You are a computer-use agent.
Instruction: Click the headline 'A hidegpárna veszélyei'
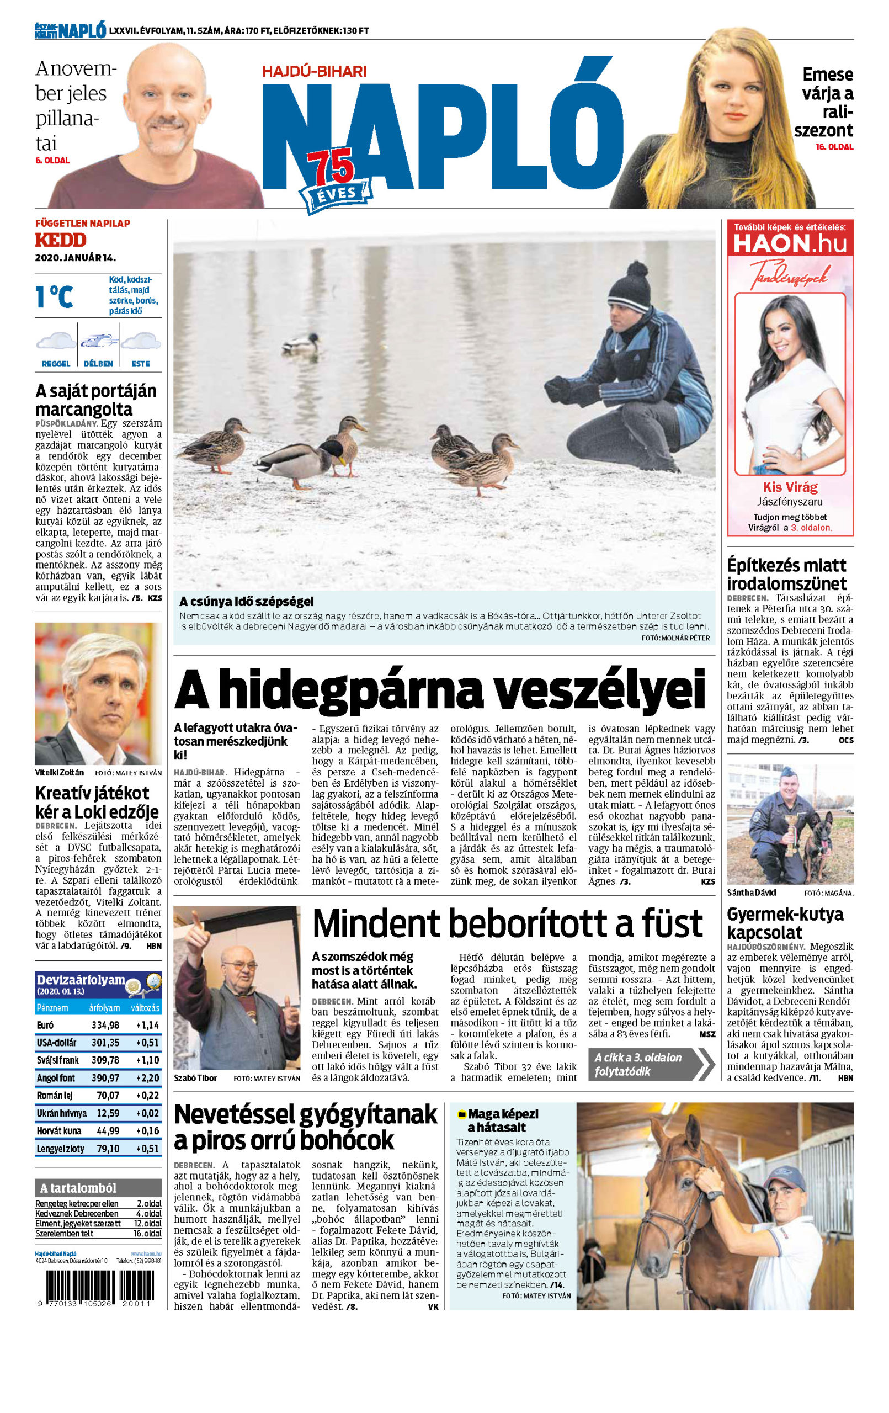point(439,689)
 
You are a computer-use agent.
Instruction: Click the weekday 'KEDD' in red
point(61,240)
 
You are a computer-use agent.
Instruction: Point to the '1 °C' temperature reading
point(54,296)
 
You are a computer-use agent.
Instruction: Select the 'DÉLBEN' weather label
point(98,364)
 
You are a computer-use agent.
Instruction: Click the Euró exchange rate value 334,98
point(105,1025)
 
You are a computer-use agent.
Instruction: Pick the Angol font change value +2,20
point(147,1078)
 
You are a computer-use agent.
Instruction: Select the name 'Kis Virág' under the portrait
point(790,487)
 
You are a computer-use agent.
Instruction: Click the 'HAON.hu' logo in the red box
point(790,243)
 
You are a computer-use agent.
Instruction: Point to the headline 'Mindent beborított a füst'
point(507,923)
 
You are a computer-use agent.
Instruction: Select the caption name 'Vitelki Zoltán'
point(59,773)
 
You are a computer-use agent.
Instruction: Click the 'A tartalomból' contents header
point(78,1188)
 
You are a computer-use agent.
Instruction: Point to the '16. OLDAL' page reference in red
point(834,147)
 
